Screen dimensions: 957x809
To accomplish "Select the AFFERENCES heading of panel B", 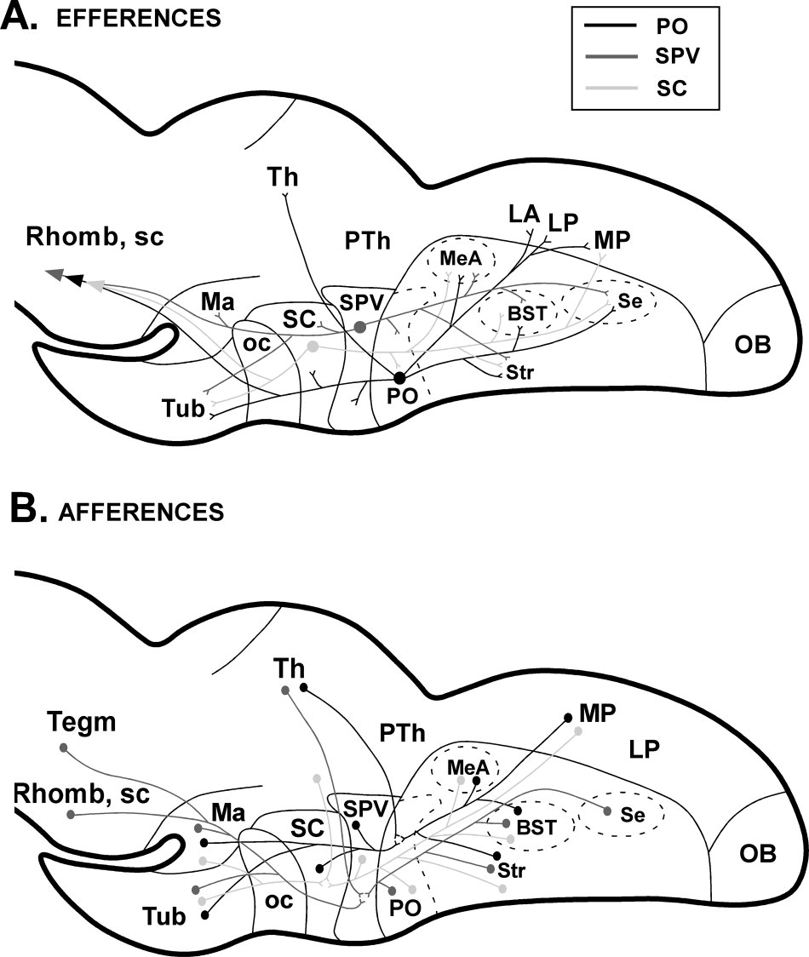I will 141,511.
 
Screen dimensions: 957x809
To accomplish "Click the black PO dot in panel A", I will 399,377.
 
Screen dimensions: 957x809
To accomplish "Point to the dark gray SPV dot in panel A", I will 360,326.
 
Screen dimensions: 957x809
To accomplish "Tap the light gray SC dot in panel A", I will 313,347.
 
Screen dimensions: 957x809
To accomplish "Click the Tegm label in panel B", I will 82,722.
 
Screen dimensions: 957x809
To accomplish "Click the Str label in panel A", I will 513,372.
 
